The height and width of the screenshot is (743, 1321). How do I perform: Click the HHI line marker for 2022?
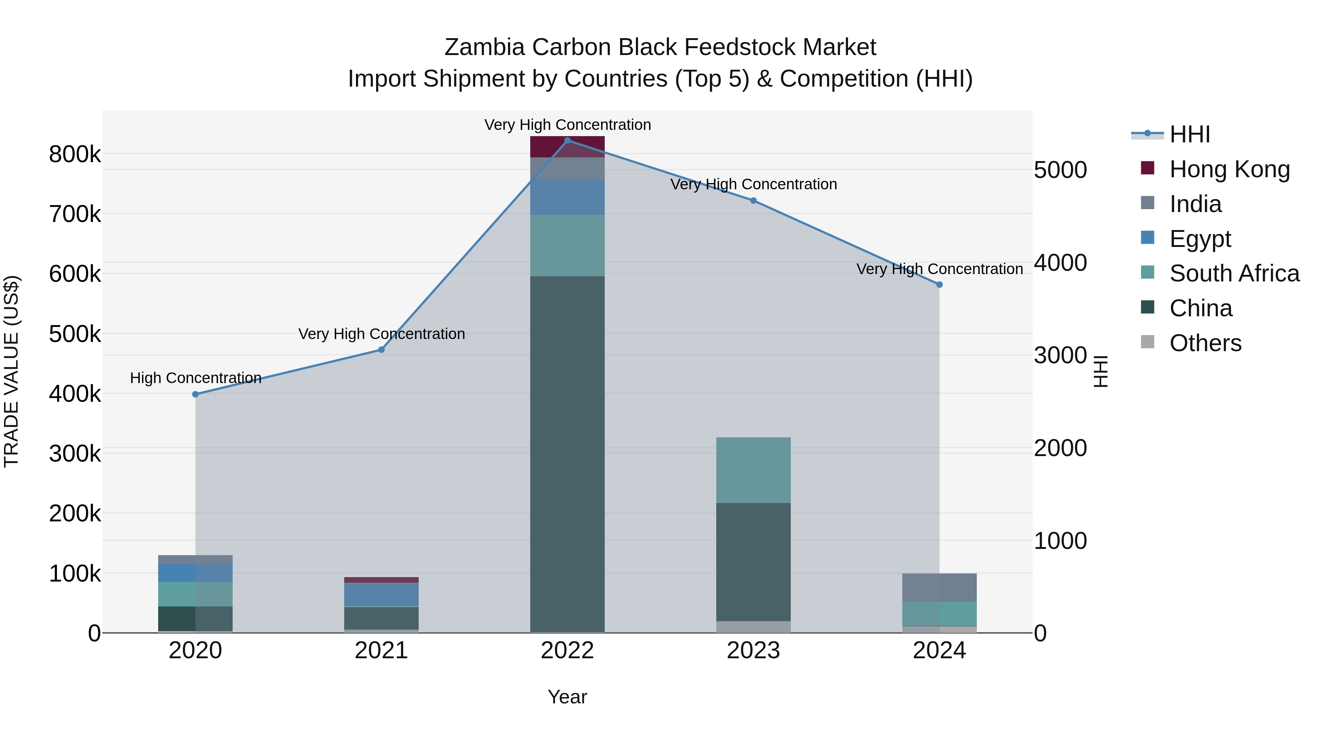point(567,140)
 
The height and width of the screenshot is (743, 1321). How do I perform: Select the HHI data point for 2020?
point(195,394)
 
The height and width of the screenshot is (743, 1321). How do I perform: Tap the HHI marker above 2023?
point(753,200)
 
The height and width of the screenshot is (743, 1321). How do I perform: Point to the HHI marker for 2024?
point(939,285)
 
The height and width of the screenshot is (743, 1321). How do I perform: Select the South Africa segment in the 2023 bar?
point(753,470)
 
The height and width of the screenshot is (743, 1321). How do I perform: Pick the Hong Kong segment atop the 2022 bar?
point(567,147)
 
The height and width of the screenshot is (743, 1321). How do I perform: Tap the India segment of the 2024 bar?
point(939,588)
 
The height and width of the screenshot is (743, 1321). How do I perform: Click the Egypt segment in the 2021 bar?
point(381,594)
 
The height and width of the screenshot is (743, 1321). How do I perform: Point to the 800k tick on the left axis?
point(75,154)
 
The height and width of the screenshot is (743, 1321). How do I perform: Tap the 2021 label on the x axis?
point(381,651)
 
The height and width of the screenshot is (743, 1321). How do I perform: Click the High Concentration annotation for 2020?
point(195,378)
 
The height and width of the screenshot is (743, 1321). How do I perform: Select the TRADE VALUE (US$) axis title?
point(11,371)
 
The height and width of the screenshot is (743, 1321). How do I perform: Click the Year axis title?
point(567,697)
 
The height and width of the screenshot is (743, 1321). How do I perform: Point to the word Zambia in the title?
point(485,47)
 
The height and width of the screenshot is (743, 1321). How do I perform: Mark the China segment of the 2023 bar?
point(753,562)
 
